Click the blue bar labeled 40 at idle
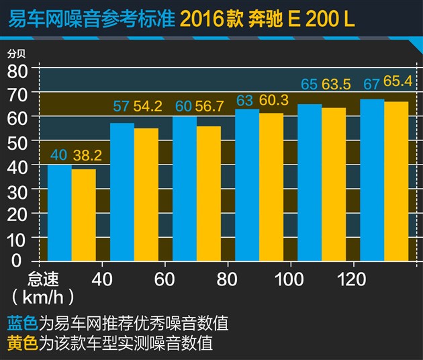(59, 212)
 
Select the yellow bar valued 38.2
(83, 215)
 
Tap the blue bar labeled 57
(122, 192)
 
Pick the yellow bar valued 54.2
(146, 195)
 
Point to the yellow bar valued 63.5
(334, 184)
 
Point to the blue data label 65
(309, 85)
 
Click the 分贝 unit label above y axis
(15, 54)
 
